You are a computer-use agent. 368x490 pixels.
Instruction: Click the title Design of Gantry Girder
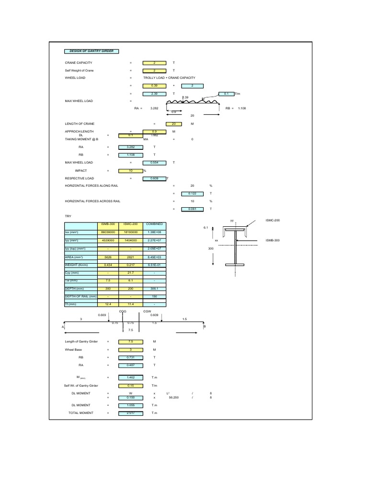click(92, 51)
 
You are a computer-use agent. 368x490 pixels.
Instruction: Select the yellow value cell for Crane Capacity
click(154, 63)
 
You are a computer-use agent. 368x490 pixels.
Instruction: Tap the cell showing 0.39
click(154, 86)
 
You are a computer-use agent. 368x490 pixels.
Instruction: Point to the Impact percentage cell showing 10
click(130, 170)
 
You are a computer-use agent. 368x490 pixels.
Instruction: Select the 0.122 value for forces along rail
click(193, 193)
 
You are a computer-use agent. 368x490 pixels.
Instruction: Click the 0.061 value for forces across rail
click(193, 209)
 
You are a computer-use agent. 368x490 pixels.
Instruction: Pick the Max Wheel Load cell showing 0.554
click(154, 163)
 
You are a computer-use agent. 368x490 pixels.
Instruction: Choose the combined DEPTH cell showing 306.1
click(155, 289)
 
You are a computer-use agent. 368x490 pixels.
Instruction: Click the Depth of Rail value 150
click(155, 296)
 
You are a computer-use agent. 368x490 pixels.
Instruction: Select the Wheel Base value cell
click(130, 349)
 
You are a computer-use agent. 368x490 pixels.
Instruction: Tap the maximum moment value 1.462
click(130, 377)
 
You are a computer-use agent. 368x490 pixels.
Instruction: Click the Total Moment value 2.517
click(130, 412)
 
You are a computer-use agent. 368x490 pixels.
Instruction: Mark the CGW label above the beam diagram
click(147, 311)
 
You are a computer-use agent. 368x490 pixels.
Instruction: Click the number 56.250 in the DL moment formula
click(173, 397)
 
